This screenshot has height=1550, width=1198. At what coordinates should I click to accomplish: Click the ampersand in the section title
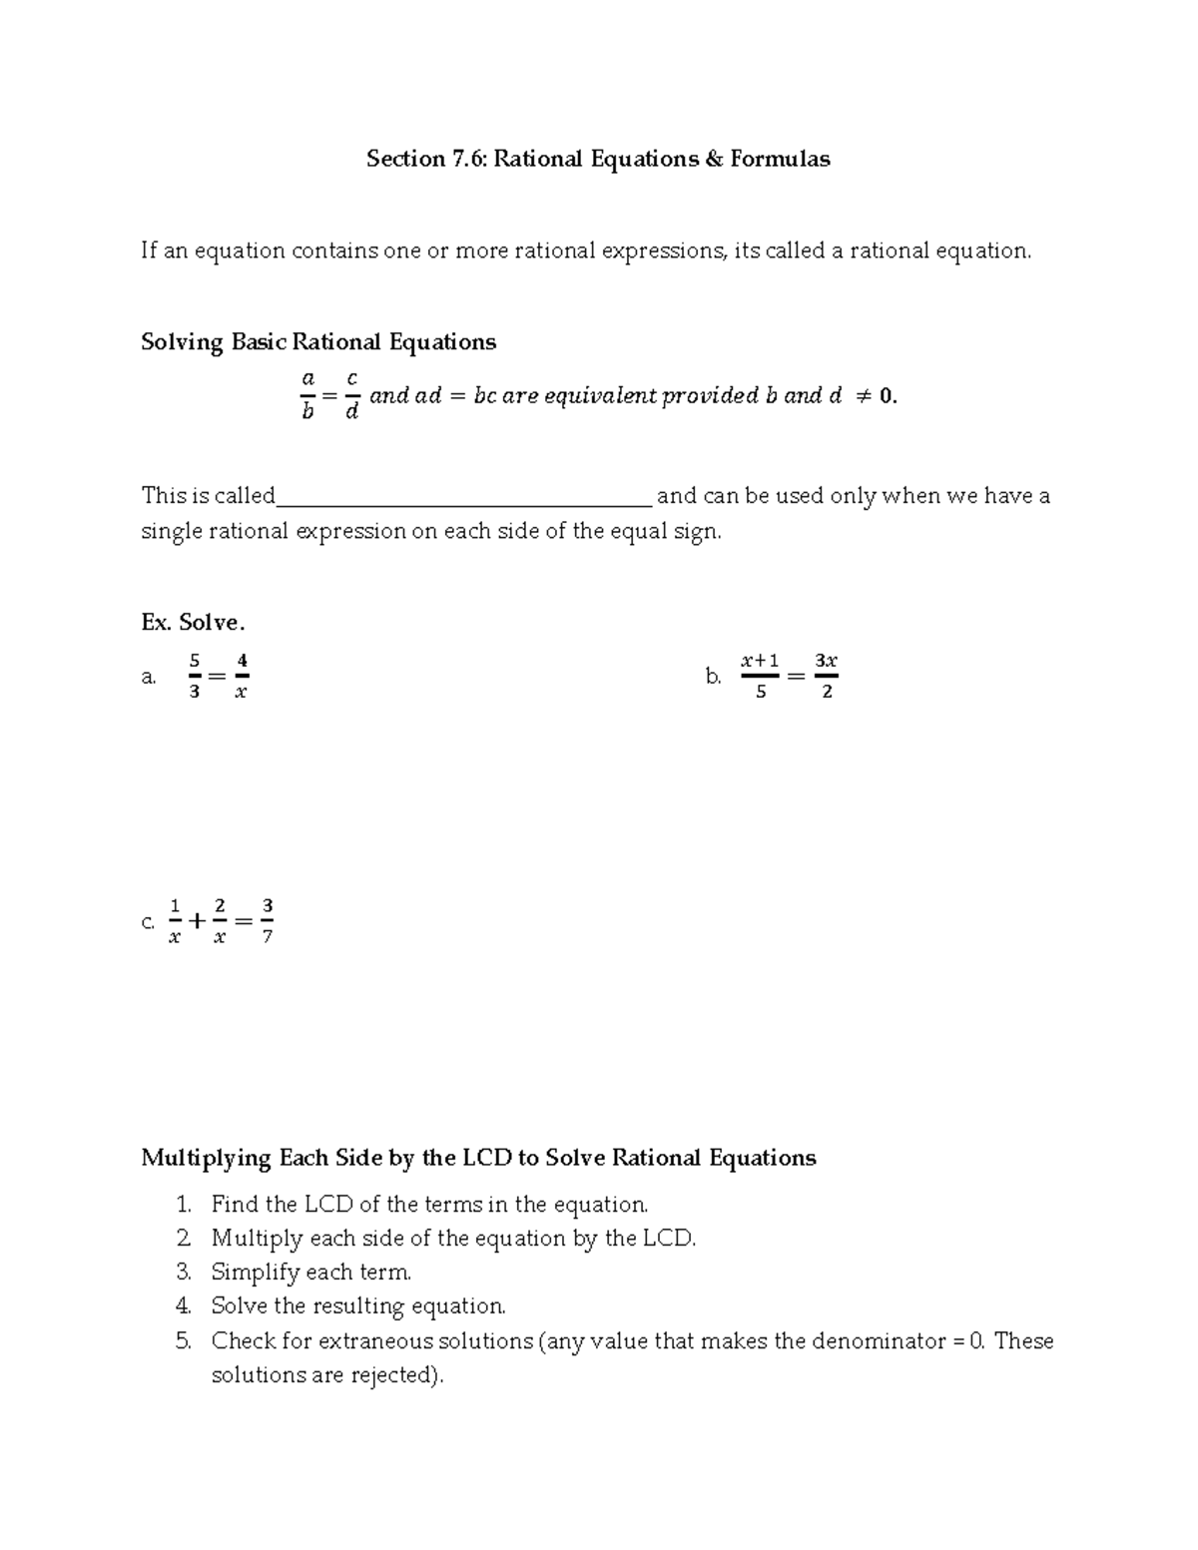(714, 159)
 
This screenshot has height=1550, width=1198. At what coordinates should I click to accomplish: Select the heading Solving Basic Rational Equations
(318, 342)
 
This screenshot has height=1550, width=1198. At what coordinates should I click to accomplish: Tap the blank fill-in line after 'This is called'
(464, 497)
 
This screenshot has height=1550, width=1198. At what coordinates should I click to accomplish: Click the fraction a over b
(307, 395)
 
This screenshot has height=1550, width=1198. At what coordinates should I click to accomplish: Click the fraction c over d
(351, 395)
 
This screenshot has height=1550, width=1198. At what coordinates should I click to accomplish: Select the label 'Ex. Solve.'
(193, 623)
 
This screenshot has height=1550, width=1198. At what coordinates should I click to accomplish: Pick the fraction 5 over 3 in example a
(195, 676)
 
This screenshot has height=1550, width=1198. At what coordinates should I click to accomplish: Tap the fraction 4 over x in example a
(241, 676)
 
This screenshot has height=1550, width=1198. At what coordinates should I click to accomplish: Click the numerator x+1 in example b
(760, 660)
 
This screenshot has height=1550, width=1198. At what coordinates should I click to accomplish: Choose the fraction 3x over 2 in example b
(826, 676)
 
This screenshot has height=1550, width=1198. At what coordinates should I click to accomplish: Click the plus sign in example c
(197, 921)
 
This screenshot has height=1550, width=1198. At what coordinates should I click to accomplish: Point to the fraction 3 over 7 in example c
(267, 921)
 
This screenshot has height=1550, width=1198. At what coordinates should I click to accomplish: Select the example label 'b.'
(713, 677)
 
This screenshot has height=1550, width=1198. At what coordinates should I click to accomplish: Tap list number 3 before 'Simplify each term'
(183, 1273)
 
